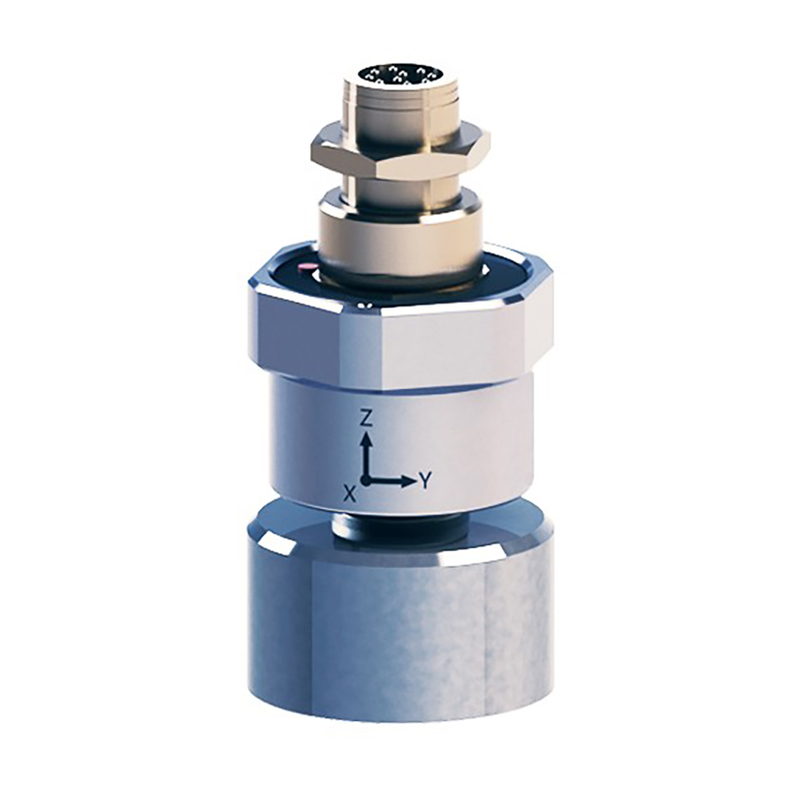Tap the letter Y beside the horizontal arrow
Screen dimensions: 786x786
tap(425, 481)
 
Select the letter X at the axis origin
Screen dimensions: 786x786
tap(351, 494)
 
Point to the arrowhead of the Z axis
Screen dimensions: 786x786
tap(367, 440)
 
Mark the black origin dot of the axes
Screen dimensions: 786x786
tap(367, 481)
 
